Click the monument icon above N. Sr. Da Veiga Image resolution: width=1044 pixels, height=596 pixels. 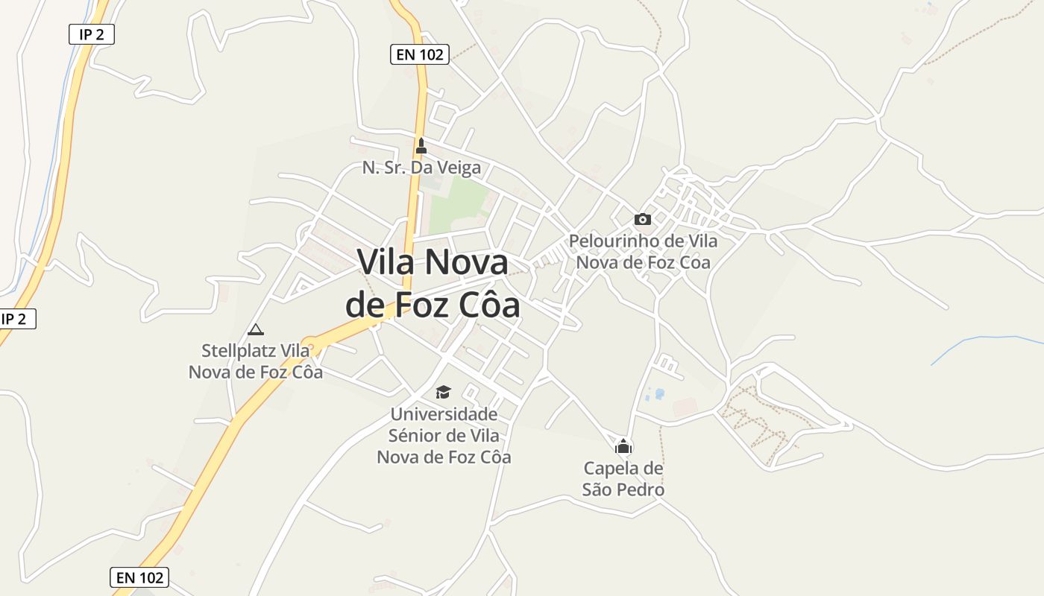421,146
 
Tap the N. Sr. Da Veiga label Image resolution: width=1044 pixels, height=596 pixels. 421,168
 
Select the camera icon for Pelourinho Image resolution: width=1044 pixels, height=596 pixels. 642,219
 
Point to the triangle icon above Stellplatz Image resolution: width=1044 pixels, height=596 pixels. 256,329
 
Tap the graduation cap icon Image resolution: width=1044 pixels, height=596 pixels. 444,392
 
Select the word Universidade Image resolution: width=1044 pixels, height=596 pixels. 444,414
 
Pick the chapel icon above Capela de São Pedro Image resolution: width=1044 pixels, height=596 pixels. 623,446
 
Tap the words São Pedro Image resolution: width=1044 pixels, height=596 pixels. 623,489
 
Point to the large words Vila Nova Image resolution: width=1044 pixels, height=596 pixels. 433,262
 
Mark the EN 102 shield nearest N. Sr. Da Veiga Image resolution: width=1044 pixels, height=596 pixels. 420,54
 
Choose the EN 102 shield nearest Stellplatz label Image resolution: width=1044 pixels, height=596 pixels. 139,577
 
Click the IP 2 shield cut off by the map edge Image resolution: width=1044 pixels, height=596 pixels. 16,319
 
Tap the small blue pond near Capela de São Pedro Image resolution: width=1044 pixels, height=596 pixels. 658,393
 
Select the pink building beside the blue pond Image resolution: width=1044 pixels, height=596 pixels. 685,407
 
